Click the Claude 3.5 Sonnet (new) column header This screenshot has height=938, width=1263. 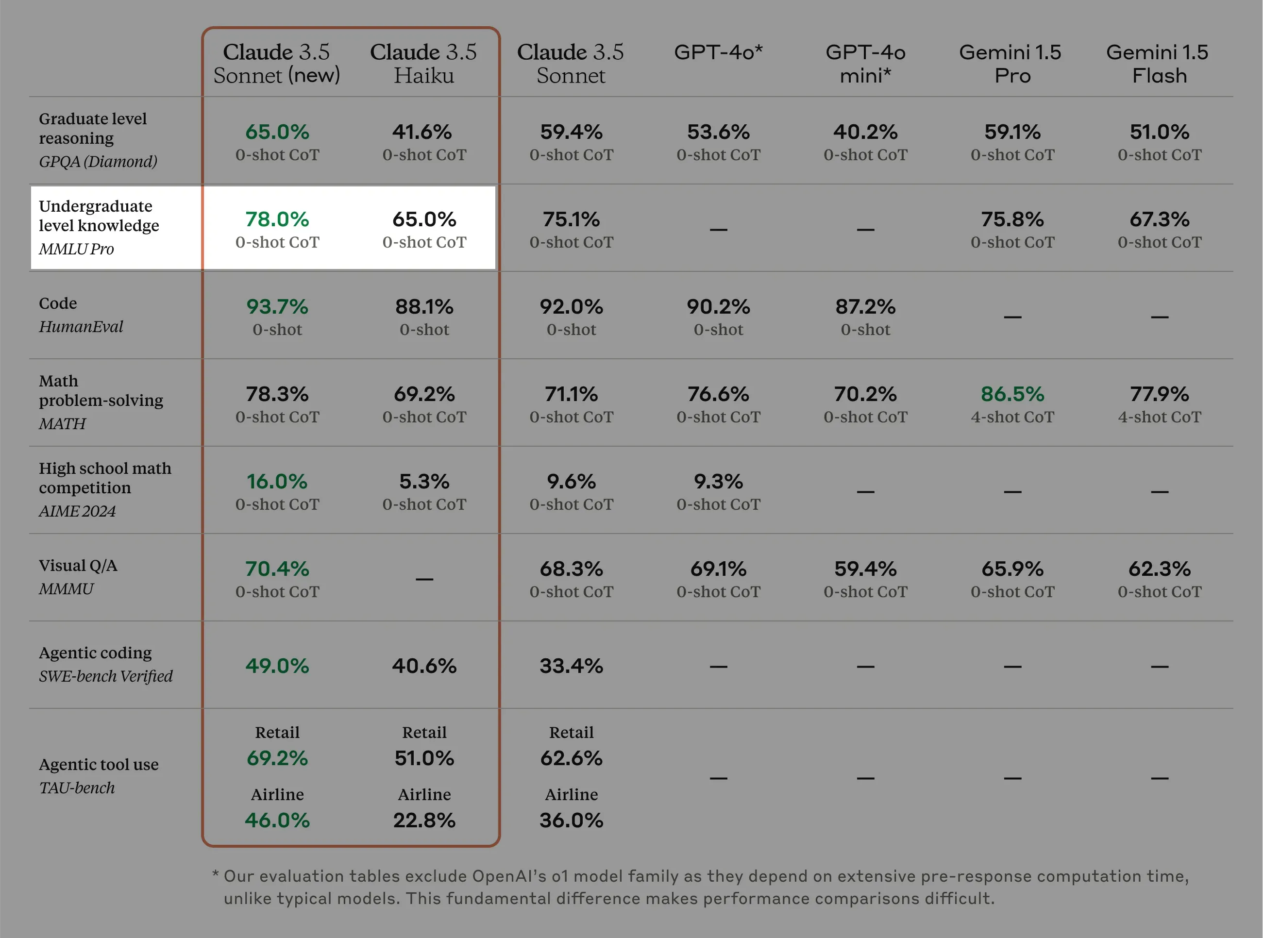277,64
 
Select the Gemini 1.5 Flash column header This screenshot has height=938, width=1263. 1159,64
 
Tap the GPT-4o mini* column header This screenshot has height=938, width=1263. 865,64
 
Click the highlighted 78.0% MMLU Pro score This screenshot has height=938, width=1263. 277,219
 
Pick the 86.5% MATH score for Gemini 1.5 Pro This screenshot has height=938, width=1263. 1012,394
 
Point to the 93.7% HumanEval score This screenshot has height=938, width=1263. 277,307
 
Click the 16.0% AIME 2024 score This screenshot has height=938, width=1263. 277,482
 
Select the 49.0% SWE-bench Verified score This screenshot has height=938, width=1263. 277,666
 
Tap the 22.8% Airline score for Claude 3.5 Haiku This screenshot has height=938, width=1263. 424,820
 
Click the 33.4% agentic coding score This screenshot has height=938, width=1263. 572,666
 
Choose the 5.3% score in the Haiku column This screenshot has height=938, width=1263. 424,482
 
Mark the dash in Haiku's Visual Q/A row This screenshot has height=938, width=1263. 424,579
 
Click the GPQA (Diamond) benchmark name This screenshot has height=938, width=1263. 98,162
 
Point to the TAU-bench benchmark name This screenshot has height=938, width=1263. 77,788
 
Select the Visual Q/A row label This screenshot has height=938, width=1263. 78,566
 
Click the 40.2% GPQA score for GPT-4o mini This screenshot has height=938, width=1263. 865,132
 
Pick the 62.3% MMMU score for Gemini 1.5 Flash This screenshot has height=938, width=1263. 1159,569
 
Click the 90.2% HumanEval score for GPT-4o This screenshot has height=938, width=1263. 718,307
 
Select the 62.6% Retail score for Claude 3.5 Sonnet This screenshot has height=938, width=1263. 572,758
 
